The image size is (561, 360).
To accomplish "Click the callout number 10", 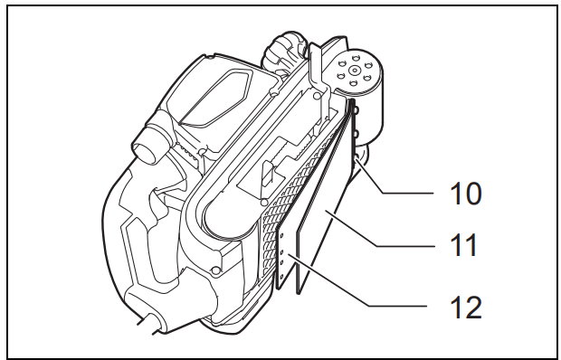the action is click(x=465, y=194).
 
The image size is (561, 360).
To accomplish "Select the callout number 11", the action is click(x=464, y=245).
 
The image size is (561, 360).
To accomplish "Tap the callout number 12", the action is click(x=465, y=308).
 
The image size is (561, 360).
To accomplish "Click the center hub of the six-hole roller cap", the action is click(x=354, y=71).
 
